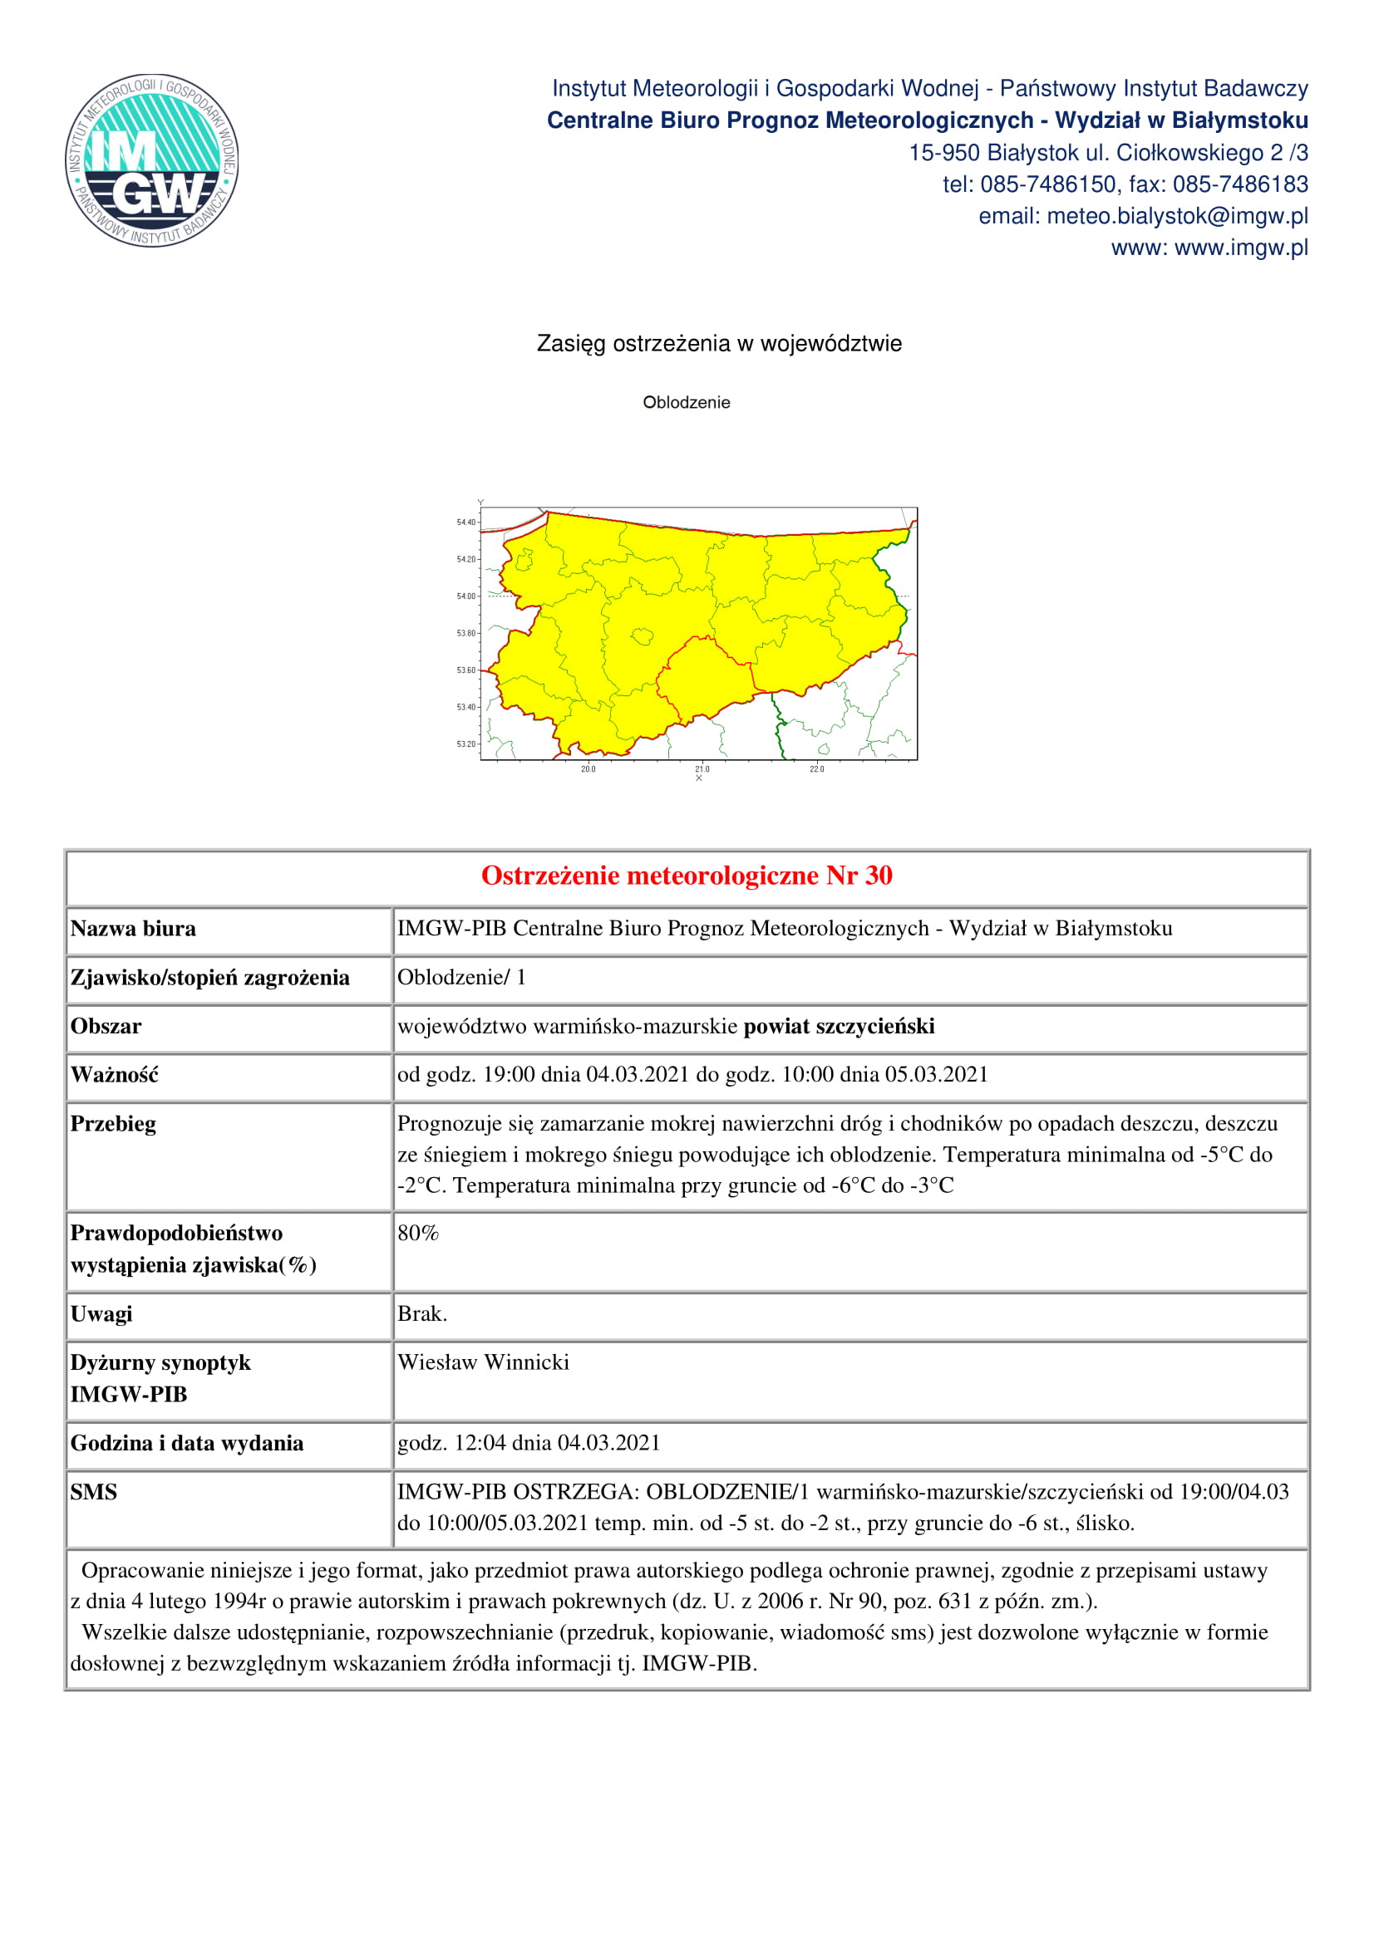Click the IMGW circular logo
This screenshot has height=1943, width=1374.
tap(152, 160)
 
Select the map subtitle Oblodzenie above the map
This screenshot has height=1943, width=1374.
tap(686, 403)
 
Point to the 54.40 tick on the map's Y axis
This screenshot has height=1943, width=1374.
tap(466, 523)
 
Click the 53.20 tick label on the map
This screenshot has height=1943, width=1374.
tap(466, 743)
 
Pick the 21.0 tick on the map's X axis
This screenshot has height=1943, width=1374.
tap(702, 769)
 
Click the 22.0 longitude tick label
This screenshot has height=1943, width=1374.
tap(816, 769)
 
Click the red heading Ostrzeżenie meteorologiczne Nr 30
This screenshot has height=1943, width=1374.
tap(687, 876)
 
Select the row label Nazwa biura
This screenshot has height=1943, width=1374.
tap(133, 930)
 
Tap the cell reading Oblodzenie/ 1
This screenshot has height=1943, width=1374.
tap(462, 978)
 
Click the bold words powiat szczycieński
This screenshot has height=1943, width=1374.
tap(839, 1027)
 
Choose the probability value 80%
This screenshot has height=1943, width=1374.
tap(418, 1234)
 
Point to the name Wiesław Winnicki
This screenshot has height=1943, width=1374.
tap(484, 1362)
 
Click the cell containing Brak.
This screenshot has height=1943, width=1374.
tap(422, 1314)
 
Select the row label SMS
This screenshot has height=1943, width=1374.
tap(93, 1492)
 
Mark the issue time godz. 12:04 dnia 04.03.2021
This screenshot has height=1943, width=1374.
tap(529, 1443)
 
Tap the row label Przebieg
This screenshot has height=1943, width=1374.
tap(113, 1124)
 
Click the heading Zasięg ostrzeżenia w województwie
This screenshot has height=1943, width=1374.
tap(719, 345)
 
